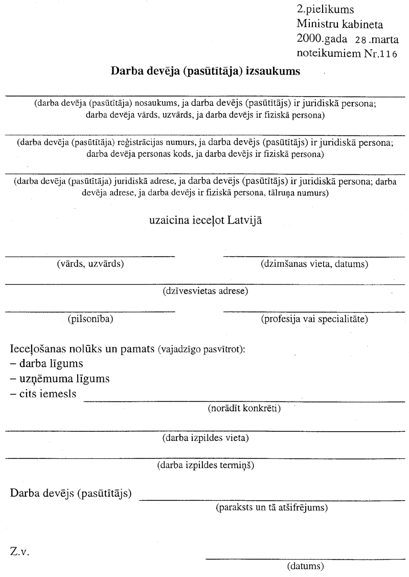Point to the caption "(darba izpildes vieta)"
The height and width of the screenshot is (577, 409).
(x=206, y=437)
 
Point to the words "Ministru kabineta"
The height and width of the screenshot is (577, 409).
(x=340, y=24)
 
